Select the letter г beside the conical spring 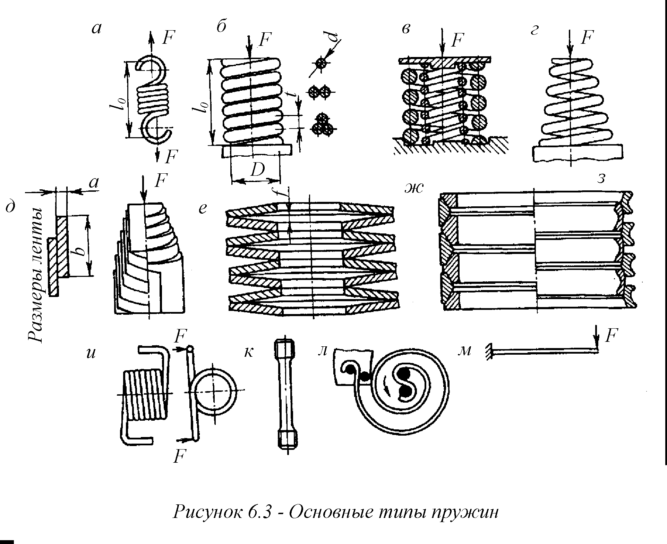click(534, 31)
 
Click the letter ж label click(414, 188)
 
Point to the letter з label click(601, 178)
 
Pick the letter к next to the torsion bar click(248, 352)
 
